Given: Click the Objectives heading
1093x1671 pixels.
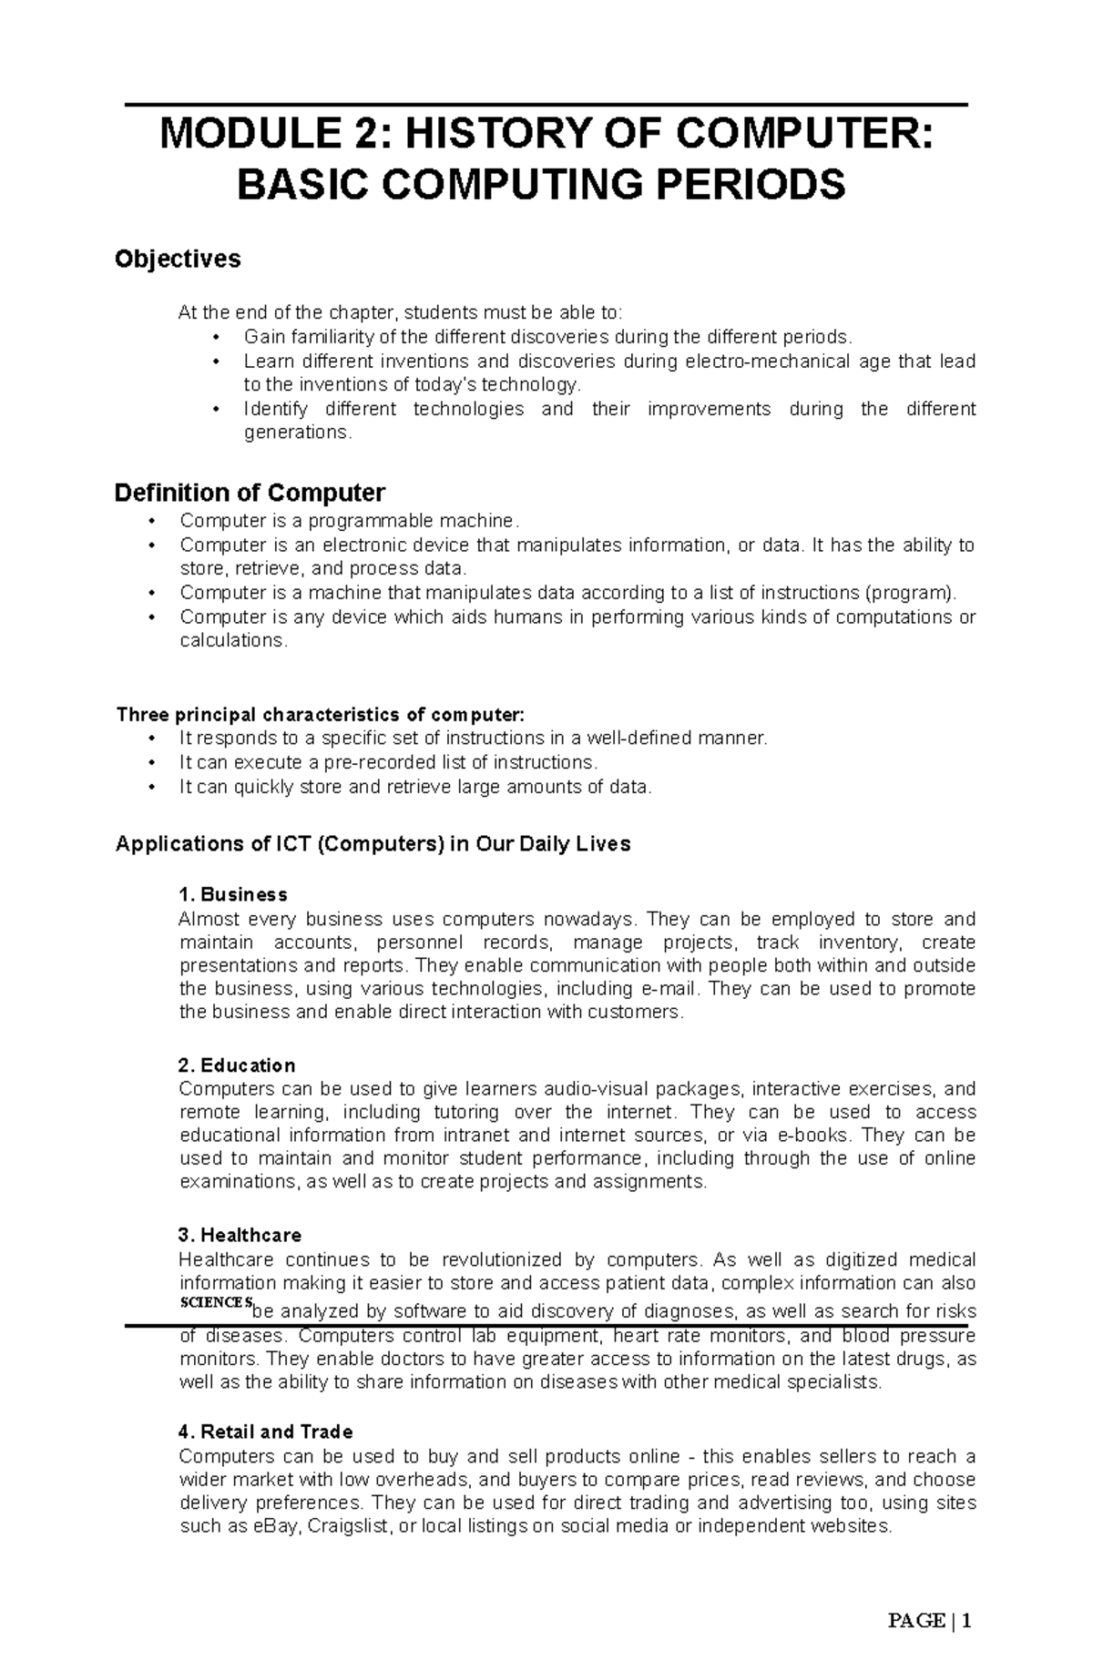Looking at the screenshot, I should tap(178, 260).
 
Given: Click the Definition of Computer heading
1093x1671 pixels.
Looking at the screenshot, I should tap(250, 493).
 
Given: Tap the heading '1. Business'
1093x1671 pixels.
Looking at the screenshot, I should tap(233, 894).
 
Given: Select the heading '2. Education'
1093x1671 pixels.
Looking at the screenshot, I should tap(237, 1065).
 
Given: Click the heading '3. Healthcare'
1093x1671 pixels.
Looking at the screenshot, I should tap(240, 1236).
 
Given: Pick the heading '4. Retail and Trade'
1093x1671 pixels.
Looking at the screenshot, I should tap(266, 1432).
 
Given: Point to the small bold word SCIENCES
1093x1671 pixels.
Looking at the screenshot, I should tap(215, 1302).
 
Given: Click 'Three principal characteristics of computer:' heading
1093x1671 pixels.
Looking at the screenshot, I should tap(321, 714).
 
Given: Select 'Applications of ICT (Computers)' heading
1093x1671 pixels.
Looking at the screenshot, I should tap(278, 844).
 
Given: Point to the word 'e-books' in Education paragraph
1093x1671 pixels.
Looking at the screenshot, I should tap(814, 1136).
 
